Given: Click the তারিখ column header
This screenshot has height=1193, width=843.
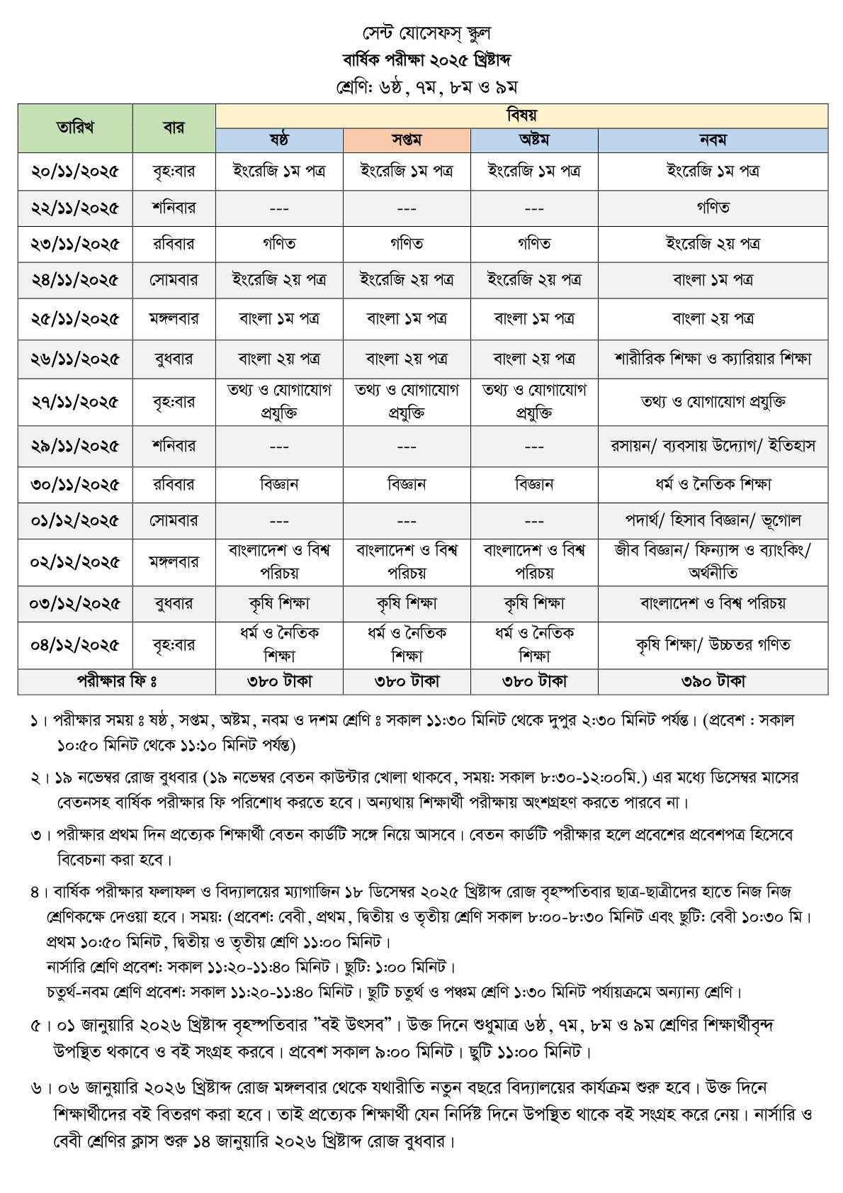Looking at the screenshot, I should (74, 128).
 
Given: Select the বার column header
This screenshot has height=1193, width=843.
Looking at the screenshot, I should (174, 128).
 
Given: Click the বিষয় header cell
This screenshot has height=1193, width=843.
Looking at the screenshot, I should (521, 116).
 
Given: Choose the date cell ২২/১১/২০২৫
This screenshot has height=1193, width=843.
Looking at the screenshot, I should (74, 208).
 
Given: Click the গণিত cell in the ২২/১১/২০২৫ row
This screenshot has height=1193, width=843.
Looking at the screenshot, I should (713, 208).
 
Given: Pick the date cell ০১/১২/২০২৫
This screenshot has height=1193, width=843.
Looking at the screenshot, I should (74, 521).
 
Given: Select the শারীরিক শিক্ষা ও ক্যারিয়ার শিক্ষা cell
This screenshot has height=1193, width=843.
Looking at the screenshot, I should (713, 359).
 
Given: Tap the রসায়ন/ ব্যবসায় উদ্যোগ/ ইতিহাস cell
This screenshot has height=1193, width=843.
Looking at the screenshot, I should (713, 446).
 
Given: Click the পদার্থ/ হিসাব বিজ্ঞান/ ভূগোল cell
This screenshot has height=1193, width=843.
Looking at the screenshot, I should (713, 521).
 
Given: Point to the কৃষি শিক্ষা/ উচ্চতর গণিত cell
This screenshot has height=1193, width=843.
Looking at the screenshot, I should (713, 645).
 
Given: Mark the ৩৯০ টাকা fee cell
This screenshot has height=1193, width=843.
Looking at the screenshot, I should (713, 681).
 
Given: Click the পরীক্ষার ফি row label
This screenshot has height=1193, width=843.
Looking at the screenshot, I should (117, 681).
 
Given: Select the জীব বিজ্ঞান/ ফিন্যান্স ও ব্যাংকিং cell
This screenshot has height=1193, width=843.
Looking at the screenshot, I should (713, 561).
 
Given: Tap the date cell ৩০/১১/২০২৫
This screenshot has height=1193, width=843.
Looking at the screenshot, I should (74, 485).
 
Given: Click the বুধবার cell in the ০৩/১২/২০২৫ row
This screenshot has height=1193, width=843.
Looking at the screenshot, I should (174, 604).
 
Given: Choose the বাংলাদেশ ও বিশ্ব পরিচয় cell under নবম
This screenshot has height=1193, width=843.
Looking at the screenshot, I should (713, 604).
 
